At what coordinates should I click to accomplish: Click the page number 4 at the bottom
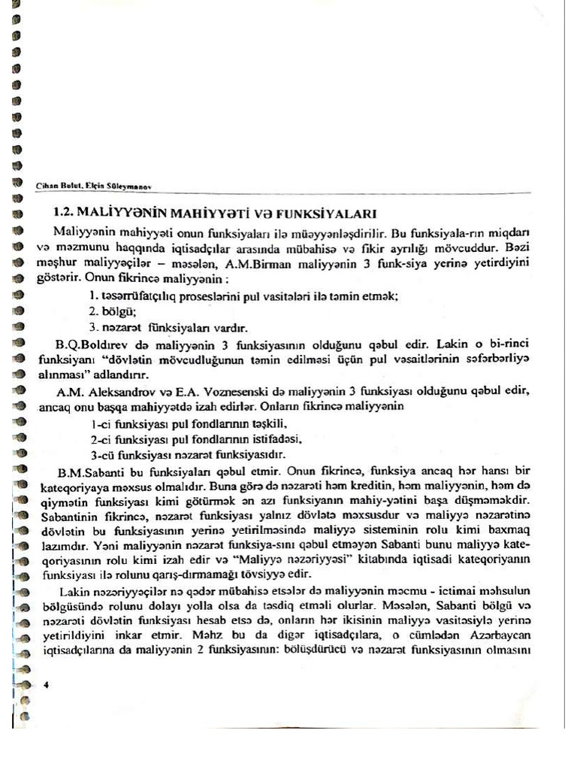coord(47,684)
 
